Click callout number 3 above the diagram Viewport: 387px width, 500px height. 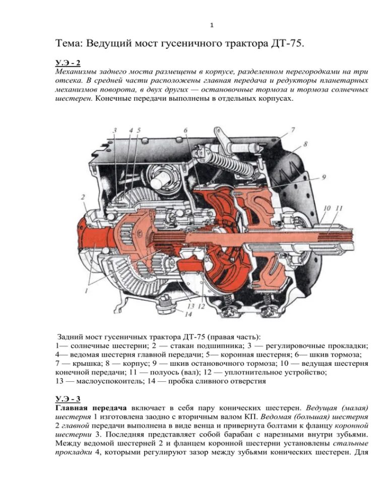[115, 131]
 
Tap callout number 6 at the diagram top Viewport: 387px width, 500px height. [185, 130]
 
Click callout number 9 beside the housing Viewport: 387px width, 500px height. [324, 177]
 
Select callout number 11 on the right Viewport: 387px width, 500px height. [339, 208]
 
